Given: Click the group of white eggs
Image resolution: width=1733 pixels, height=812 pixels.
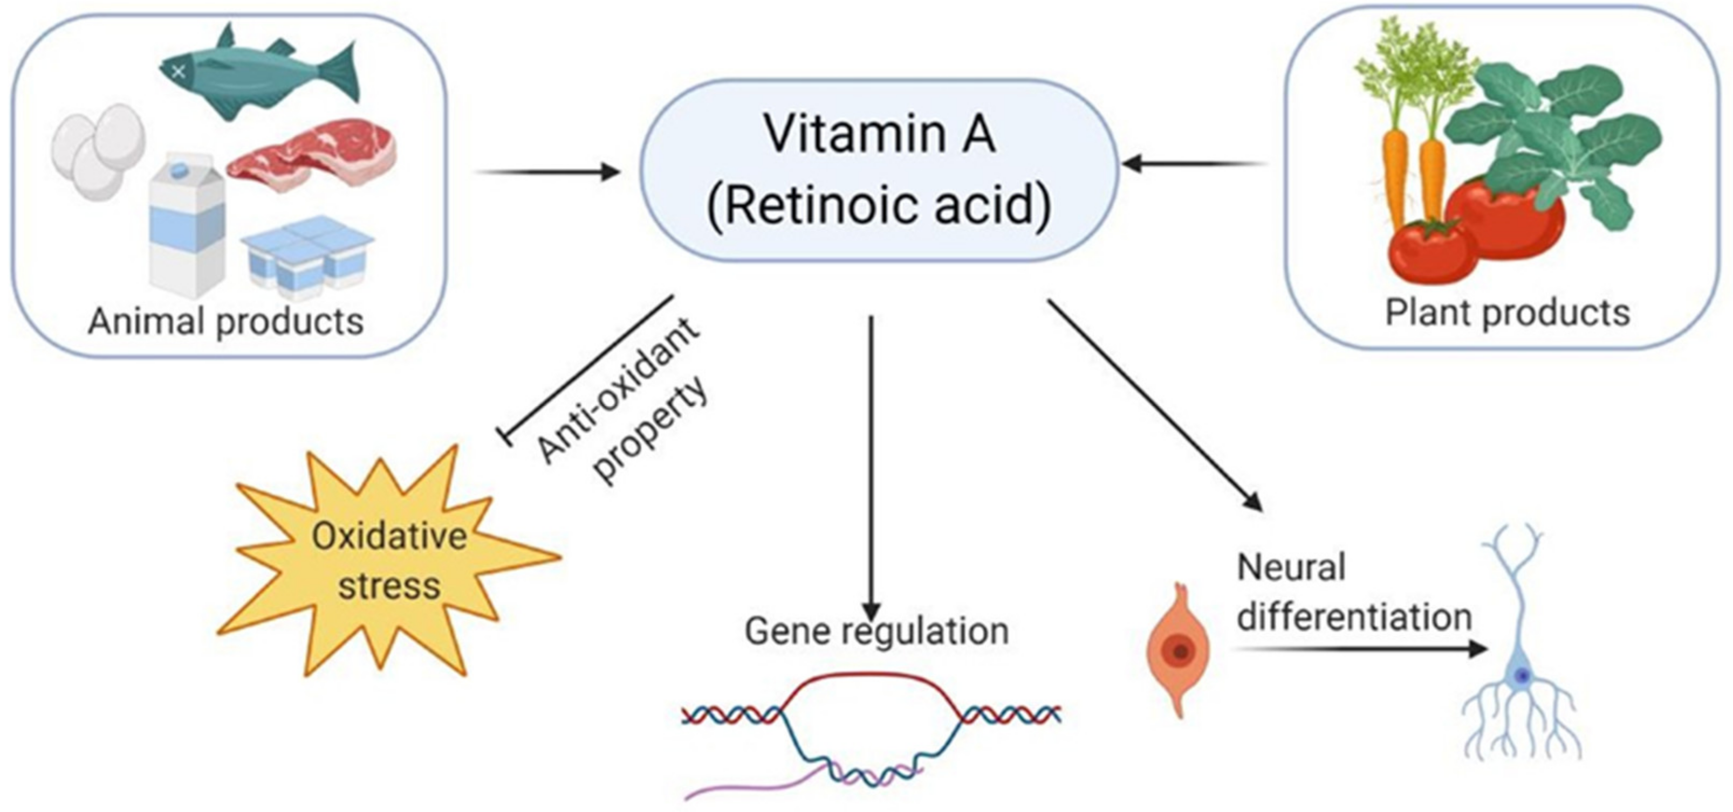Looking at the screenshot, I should (98, 151).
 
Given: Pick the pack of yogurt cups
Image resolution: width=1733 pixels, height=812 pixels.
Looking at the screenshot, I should (306, 255).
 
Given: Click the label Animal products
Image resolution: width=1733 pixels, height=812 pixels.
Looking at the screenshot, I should (226, 321).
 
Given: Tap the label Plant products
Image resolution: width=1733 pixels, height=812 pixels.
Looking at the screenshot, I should (1507, 313).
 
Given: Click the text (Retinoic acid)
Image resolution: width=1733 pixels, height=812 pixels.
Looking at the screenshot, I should (879, 205).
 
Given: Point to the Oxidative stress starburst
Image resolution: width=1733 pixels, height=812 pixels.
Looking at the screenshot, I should (389, 561).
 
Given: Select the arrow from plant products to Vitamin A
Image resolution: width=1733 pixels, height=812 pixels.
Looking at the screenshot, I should (1194, 163).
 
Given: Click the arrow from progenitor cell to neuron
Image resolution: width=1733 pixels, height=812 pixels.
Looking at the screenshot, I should (1359, 649).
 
